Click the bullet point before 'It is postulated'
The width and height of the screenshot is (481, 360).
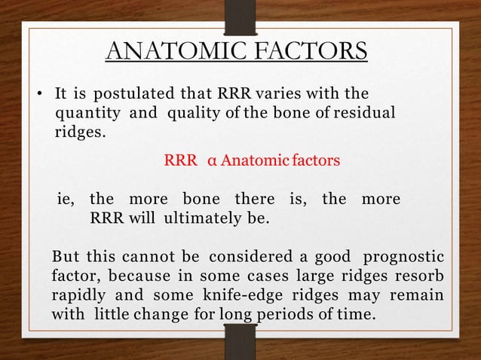42,96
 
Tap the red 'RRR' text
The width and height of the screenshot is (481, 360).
179,160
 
